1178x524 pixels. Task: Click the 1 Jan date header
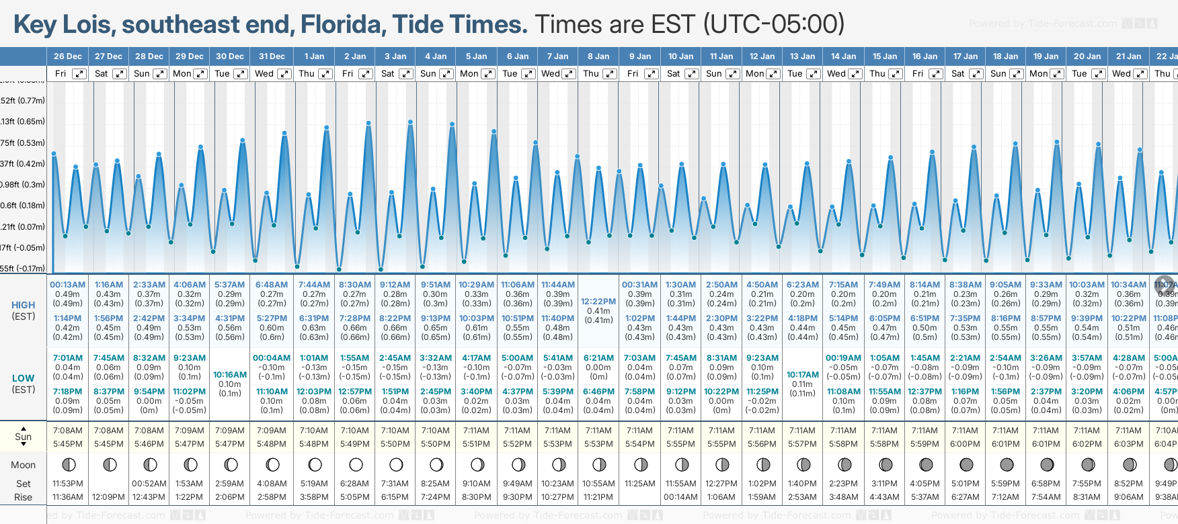pyautogui.click(x=314, y=56)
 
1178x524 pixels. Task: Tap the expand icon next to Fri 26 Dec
pyautogui.click(x=79, y=74)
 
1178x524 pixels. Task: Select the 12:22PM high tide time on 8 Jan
pyautogui.click(x=598, y=302)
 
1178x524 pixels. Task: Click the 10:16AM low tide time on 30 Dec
pyautogui.click(x=230, y=375)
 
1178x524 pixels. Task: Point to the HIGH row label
pyautogui.click(x=23, y=305)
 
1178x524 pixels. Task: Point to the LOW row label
pyautogui.click(x=23, y=378)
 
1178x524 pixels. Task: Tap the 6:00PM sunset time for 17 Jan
pyautogui.click(x=965, y=444)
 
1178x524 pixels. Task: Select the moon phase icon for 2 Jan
pyautogui.click(x=356, y=465)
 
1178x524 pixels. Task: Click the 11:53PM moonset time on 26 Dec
pyautogui.click(x=68, y=484)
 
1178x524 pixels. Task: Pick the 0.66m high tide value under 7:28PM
pyautogui.click(x=354, y=328)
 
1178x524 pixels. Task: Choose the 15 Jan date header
pyautogui.click(x=884, y=56)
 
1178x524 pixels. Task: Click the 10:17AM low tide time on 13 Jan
pyautogui.click(x=802, y=375)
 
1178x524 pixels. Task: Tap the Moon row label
pyautogui.click(x=23, y=465)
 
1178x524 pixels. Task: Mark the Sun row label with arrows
pyautogui.click(x=23, y=437)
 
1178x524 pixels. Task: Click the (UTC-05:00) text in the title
pyautogui.click(x=774, y=25)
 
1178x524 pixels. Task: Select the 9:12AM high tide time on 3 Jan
pyautogui.click(x=395, y=285)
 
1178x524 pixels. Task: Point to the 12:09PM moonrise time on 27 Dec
pyautogui.click(x=108, y=497)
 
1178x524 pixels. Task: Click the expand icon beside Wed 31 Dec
pyautogui.click(x=284, y=74)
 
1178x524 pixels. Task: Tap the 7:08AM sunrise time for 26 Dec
pyautogui.click(x=68, y=431)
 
